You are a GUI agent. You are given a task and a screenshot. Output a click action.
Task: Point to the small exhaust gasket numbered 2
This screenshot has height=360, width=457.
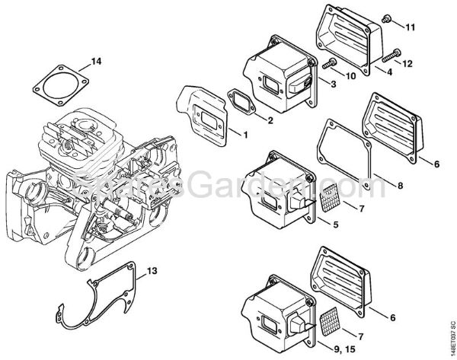[x=248, y=106]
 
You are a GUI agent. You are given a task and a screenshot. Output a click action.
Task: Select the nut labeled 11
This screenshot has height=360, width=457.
[x=388, y=17]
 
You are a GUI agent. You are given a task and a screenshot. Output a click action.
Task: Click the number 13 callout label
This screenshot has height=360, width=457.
[x=152, y=270]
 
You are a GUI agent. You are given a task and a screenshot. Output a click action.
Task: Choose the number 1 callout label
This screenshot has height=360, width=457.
[x=245, y=135]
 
